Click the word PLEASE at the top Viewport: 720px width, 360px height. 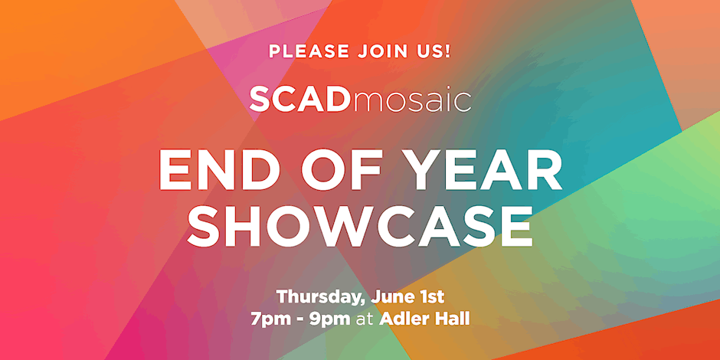click(x=309, y=51)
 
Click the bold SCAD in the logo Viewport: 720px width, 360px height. click(x=299, y=99)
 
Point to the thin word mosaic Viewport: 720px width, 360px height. click(x=410, y=100)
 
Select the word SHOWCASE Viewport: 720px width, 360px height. click(x=359, y=226)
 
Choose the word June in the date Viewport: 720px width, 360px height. click(x=389, y=296)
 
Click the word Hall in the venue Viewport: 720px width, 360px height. click(x=451, y=319)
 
